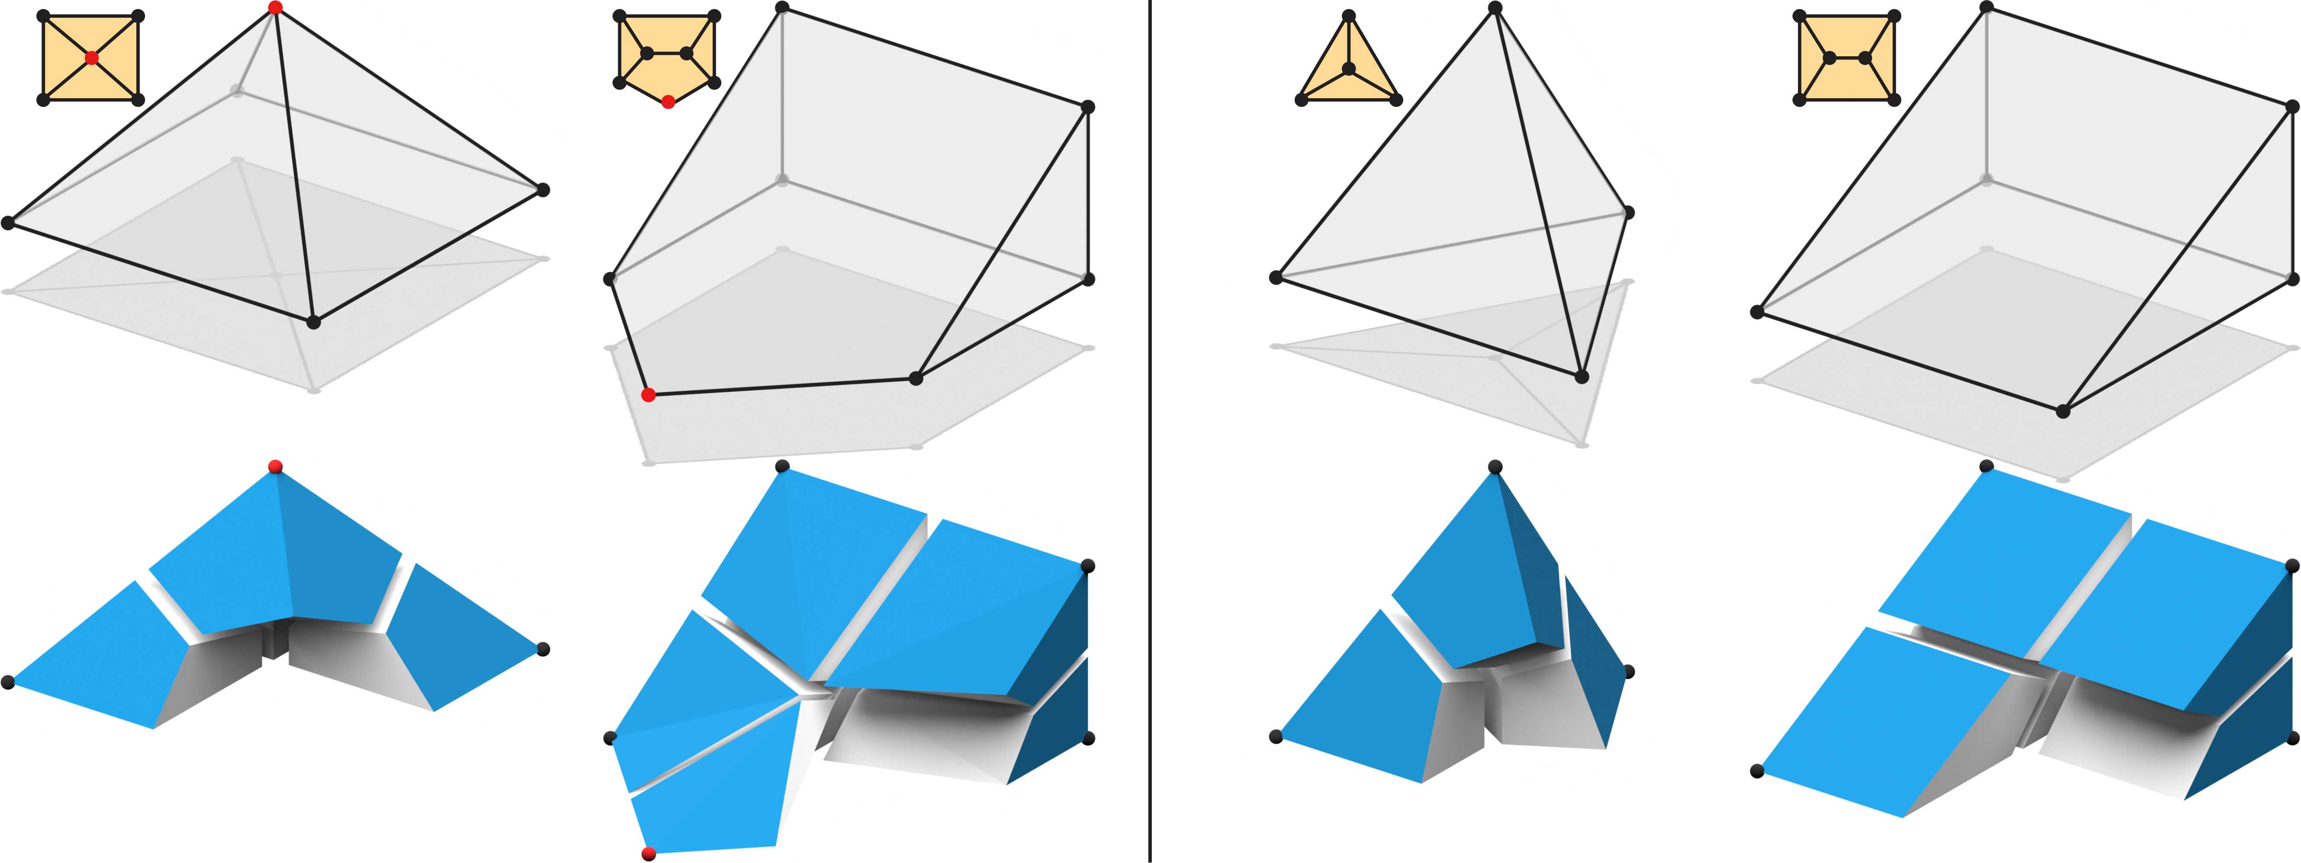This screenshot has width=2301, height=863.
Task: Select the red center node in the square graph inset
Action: tap(91, 58)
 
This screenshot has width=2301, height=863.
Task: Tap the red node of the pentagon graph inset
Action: tap(668, 103)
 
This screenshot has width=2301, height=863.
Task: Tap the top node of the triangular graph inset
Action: tap(1349, 15)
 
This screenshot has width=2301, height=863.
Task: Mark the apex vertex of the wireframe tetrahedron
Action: tap(1495, 8)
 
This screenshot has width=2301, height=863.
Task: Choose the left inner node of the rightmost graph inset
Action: tap(1829, 58)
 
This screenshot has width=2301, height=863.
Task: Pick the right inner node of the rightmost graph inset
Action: tap(1865, 58)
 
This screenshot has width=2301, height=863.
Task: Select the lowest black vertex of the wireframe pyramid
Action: tap(313, 322)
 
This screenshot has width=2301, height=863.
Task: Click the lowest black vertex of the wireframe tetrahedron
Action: tap(1582, 377)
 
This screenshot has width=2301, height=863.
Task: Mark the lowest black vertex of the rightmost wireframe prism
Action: tap(2063, 411)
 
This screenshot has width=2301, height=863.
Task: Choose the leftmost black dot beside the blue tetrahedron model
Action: tap(1276, 737)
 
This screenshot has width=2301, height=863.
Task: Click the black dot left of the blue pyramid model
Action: tap(8, 683)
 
